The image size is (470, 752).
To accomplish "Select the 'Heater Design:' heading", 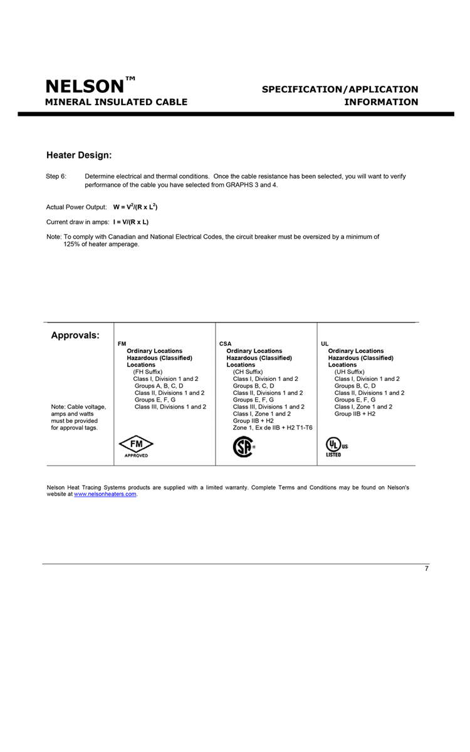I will [x=79, y=154].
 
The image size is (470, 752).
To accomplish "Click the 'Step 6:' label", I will [x=56, y=177].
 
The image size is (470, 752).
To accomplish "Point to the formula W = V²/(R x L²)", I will [x=139, y=206].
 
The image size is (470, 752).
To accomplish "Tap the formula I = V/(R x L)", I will [x=131, y=222].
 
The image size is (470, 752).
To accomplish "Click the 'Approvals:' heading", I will [x=75, y=335].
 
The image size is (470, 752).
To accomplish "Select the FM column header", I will [x=122, y=344].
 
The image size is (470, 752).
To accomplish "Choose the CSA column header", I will [x=226, y=344].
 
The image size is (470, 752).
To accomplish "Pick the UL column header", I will [x=325, y=344].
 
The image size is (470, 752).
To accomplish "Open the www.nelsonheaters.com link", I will [x=105, y=495].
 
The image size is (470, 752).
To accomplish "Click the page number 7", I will [x=426, y=569].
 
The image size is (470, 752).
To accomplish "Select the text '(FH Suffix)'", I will [x=148, y=372].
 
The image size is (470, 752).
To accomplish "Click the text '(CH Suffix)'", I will [x=248, y=372].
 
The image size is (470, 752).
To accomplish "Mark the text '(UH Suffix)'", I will [x=350, y=372].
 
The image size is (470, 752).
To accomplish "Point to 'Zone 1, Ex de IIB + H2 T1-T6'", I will [x=273, y=427].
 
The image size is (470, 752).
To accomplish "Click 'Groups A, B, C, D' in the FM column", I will [x=159, y=385].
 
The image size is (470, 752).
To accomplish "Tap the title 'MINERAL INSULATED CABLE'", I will [x=116, y=102].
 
